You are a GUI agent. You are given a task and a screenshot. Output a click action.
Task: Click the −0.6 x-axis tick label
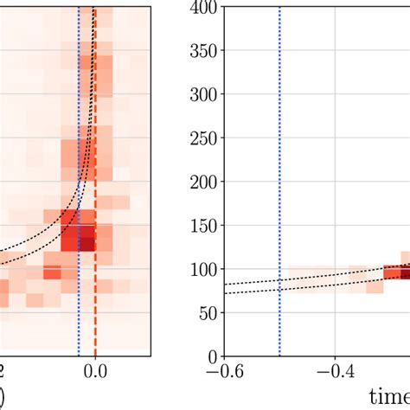(x=223, y=372)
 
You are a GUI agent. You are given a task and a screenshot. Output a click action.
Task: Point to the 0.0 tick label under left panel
(x=95, y=372)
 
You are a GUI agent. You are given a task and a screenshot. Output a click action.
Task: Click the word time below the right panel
(x=389, y=395)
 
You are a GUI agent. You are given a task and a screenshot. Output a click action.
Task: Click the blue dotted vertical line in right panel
(x=279, y=173)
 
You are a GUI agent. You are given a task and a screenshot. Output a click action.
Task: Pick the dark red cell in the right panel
(x=396, y=272)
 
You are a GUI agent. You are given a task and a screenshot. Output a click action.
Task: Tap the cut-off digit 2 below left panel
(x=3, y=372)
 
